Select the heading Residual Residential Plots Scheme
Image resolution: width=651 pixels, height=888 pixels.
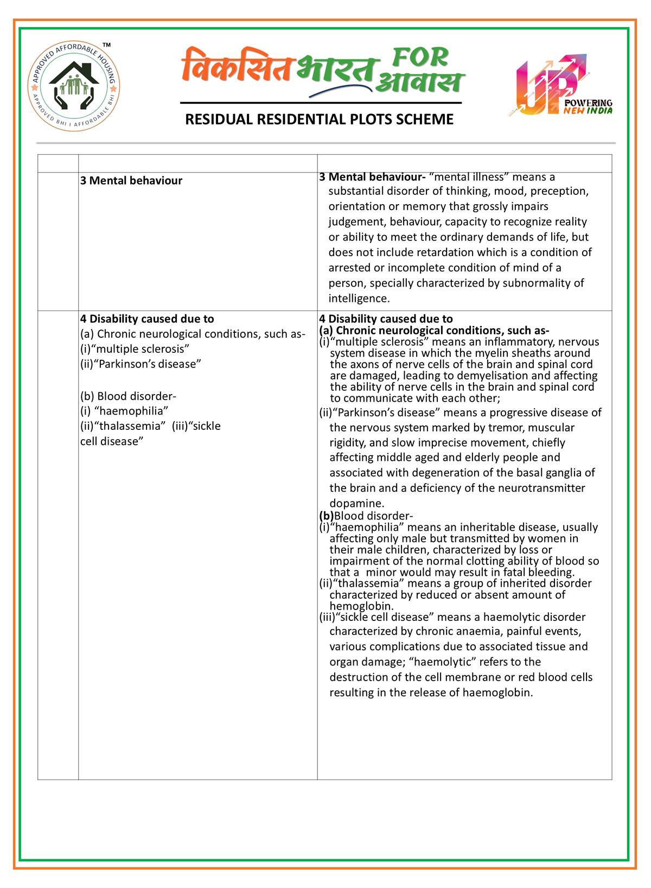coord(320,119)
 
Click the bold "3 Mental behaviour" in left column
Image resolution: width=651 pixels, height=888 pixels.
coord(131,180)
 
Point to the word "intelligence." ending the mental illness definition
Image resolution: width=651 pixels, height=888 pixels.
coord(359,298)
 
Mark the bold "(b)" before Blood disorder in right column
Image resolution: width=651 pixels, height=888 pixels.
coord(326,516)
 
